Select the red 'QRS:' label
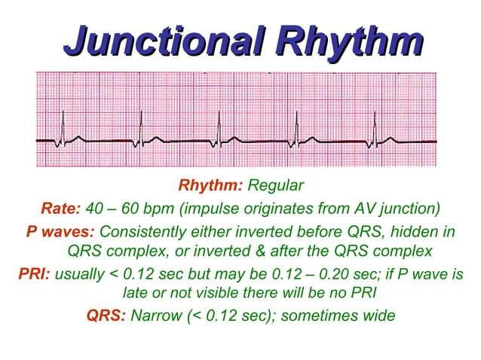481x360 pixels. tap(106, 315)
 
